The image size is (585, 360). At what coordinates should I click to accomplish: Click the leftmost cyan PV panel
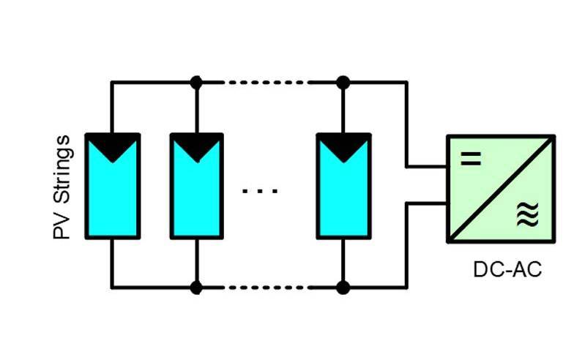tap(112, 194)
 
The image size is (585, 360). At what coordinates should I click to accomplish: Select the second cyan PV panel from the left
tap(195, 194)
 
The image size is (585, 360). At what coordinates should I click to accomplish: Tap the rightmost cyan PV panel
tap(343, 194)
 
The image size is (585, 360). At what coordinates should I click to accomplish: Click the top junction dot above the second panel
tap(195, 83)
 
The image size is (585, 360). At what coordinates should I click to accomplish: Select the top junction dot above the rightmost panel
tap(343, 83)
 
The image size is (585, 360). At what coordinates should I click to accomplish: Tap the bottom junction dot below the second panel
tap(195, 287)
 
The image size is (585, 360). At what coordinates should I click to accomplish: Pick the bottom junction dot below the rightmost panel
tap(343, 287)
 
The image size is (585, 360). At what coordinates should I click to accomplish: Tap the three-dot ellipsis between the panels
tap(260, 192)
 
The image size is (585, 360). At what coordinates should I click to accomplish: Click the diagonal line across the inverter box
tap(501, 188)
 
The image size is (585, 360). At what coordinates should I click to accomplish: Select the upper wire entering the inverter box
tap(427, 166)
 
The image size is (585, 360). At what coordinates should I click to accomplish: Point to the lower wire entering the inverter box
tap(427, 203)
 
